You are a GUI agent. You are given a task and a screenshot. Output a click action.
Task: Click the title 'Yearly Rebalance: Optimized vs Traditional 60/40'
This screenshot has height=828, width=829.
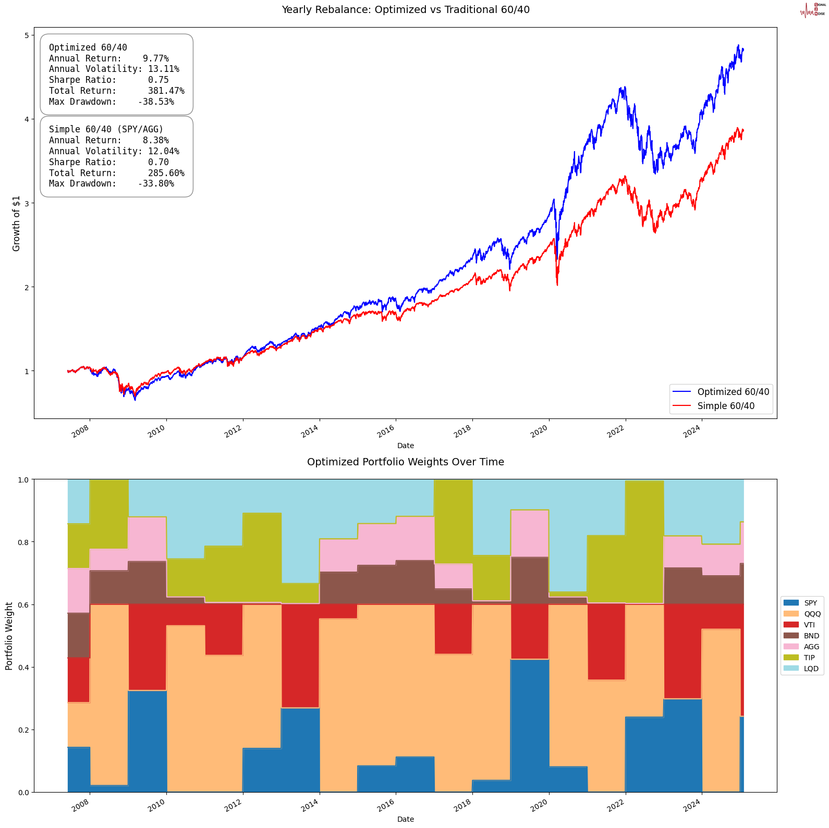pyautogui.click(x=405, y=9)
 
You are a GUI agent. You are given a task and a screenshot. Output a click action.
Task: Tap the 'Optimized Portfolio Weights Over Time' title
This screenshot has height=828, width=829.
pyautogui.click(x=405, y=462)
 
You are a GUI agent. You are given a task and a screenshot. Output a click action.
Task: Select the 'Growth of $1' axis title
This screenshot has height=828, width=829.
pyautogui.click(x=16, y=224)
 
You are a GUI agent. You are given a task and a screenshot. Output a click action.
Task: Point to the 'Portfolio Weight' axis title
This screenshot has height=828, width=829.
pyautogui.click(x=9, y=636)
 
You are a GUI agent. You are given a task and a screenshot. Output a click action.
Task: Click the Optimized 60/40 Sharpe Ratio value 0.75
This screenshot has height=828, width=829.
pyautogui.click(x=158, y=80)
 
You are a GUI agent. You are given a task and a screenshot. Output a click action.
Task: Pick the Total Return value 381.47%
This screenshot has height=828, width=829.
pyautogui.click(x=166, y=91)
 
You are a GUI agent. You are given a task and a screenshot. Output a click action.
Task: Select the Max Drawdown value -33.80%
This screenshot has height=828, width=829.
pyautogui.click(x=156, y=183)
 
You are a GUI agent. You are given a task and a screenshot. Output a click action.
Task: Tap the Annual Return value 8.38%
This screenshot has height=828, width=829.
pyautogui.click(x=155, y=140)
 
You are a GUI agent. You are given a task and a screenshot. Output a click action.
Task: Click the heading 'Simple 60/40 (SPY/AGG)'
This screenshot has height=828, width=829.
pyautogui.click(x=106, y=129)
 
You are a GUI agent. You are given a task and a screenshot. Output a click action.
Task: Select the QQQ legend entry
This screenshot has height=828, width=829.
pyautogui.click(x=811, y=614)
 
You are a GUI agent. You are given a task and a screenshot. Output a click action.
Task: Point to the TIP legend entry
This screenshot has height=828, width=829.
pyautogui.click(x=809, y=658)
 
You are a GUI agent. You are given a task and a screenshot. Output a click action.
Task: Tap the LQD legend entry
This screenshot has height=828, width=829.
pyautogui.click(x=811, y=669)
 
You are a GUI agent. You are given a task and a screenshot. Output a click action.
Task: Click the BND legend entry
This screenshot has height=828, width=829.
pyautogui.click(x=811, y=636)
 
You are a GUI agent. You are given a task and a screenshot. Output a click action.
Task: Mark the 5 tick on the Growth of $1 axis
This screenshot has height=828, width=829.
pyautogui.click(x=27, y=35)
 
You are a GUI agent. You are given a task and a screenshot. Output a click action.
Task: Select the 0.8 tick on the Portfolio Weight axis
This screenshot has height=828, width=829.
pyautogui.click(x=23, y=542)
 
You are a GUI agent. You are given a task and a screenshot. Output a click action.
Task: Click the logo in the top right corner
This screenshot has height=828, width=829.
pyautogui.click(x=812, y=10)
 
